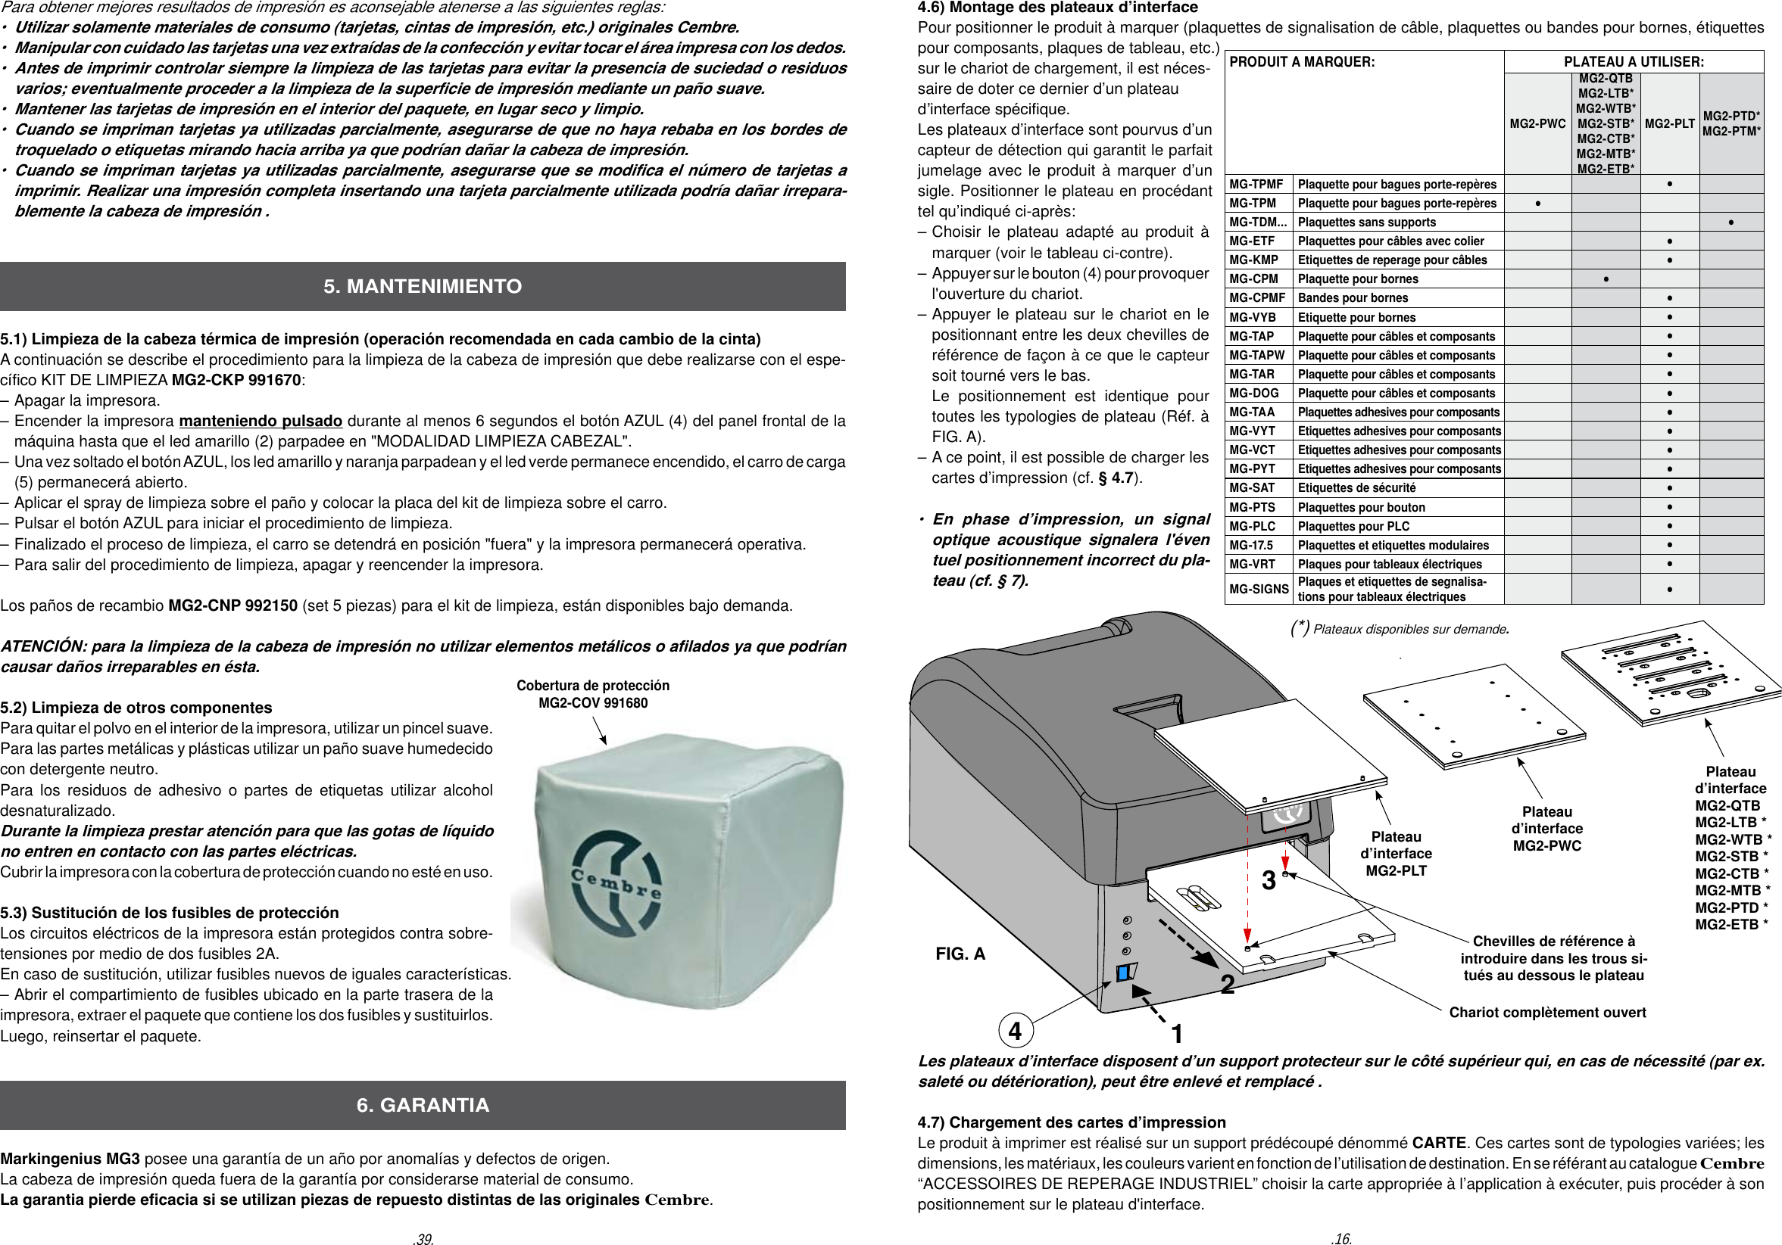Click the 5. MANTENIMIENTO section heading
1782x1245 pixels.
(423, 286)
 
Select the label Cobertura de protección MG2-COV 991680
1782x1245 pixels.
(593, 694)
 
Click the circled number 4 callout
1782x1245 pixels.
(1014, 1031)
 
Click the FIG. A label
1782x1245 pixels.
(960, 954)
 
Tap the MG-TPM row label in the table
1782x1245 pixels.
(1253, 204)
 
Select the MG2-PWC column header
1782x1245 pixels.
(1537, 124)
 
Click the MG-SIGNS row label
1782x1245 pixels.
(1258, 590)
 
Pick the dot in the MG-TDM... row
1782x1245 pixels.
(1731, 223)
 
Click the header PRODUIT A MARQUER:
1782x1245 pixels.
(1302, 62)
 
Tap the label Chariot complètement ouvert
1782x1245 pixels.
(1546, 1013)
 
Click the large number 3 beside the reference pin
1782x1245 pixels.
(1269, 880)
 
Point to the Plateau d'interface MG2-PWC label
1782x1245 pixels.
(1546, 829)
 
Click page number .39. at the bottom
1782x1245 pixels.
(423, 1239)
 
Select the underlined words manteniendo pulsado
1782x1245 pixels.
(260, 422)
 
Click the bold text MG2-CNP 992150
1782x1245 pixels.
(233, 605)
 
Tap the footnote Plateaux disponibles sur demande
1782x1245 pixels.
(1409, 629)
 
